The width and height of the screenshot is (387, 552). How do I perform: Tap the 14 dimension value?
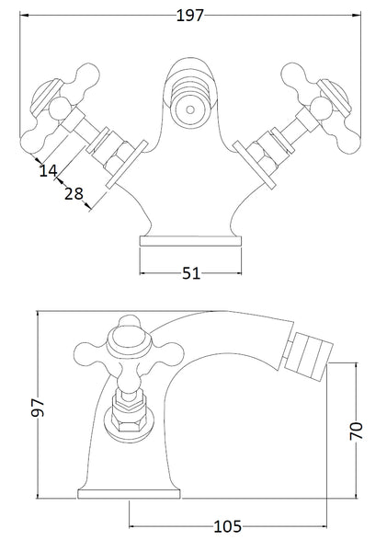pos(48,170)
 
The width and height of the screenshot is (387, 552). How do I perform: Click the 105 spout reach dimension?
pos(228,527)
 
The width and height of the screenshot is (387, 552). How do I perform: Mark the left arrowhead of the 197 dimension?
pos(24,16)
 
